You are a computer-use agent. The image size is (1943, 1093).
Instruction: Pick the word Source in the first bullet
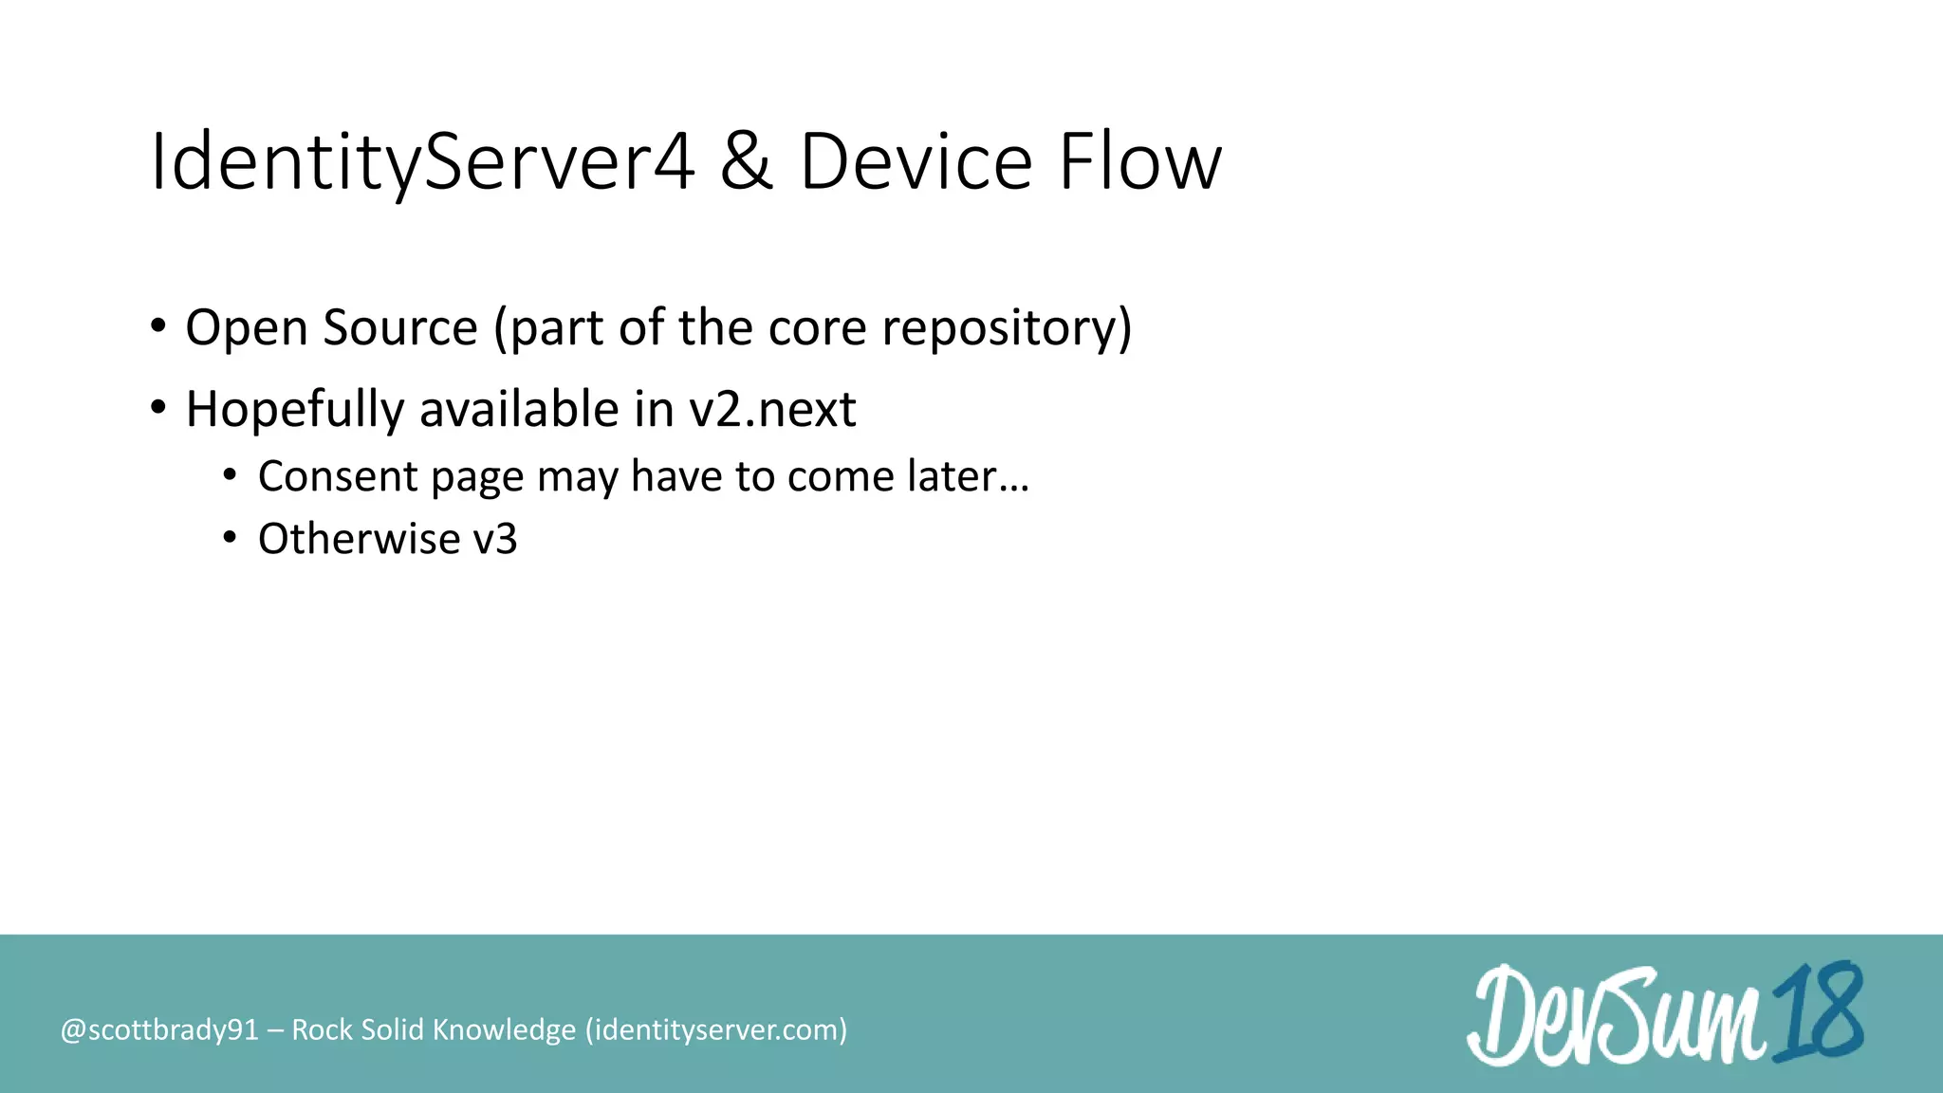pyautogui.click(x=399, y=328)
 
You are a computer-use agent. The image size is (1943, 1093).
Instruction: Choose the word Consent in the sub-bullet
pyautogui.click(x=338, y=476)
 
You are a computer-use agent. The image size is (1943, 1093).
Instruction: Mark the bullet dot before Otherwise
pyautogui.click(x=230, y=538)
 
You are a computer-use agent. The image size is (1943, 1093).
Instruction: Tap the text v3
pyautogui.click(x=494, y=539)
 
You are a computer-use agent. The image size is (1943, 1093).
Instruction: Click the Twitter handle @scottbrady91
pyautogui.click(x=159, y=1030)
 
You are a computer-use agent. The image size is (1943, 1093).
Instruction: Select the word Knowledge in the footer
pyautogui.click(x=504, y=1030)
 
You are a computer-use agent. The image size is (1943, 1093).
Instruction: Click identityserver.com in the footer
pyautogui.click(x=715, y=1030)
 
